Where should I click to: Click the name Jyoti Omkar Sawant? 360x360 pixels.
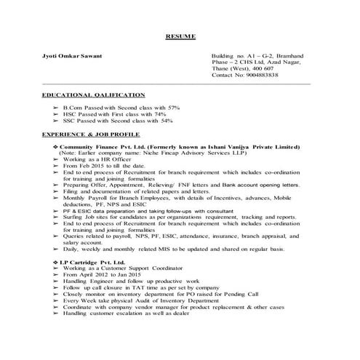click(x=71, y=55)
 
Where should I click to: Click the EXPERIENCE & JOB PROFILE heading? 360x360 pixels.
click(x=91, y=135)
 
